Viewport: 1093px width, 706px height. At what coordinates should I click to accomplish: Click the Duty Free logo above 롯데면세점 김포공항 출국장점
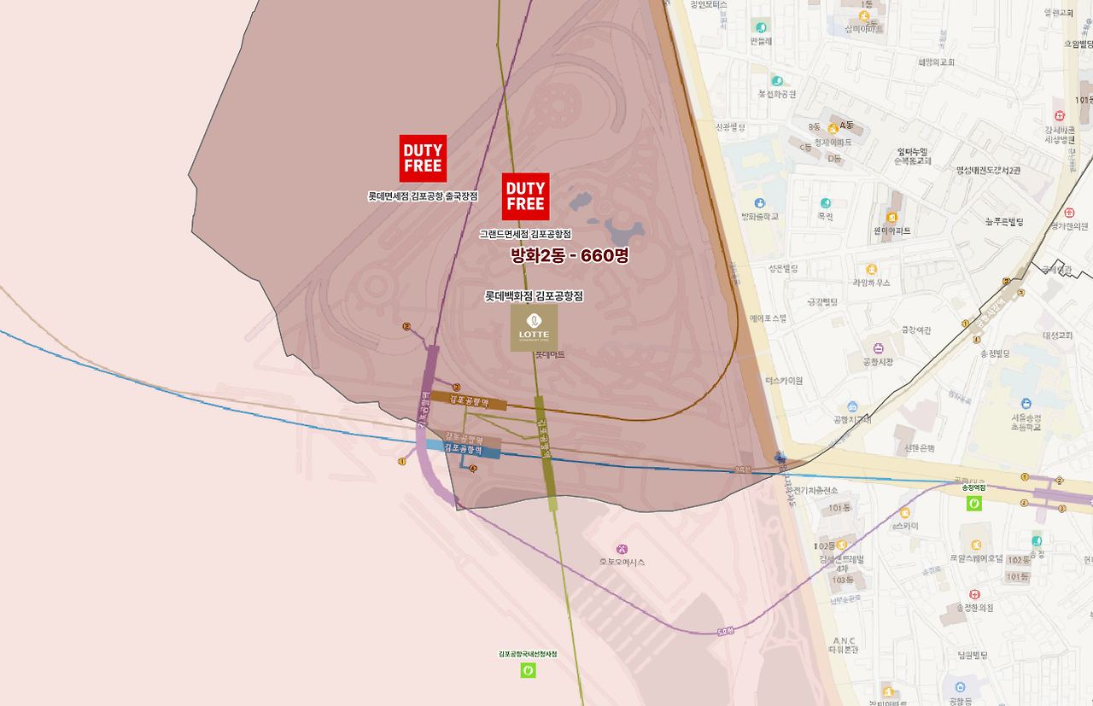pos(423,158)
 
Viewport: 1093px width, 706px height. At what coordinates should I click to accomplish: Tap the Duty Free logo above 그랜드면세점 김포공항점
pos(525,196)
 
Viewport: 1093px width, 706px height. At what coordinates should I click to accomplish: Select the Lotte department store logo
pos(534,329)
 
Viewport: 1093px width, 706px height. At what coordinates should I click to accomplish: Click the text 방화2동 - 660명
pos(569,255)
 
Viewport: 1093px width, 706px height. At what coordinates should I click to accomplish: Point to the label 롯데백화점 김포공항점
pos(534,296)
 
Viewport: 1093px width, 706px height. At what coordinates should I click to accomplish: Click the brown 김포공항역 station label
pos(468,399)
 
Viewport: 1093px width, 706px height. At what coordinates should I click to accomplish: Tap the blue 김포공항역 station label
pos(463,448)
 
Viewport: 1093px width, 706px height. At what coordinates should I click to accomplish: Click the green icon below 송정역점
pos(973,503)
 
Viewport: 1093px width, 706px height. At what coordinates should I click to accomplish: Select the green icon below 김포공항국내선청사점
pos(528,670)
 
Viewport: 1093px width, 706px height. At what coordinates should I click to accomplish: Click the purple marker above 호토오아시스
pos(622,548)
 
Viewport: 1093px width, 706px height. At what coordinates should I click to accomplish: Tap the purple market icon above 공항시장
pos(878,348)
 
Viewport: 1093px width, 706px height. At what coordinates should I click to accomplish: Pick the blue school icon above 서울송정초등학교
pos(1026,403)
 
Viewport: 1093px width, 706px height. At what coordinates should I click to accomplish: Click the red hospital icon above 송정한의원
pos(974,594)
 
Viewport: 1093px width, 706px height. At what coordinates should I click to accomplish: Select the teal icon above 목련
pos(825,203)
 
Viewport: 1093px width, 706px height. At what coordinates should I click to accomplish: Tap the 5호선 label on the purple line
pos(726,632)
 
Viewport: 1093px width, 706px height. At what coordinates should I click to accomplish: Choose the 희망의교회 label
pos(936,62)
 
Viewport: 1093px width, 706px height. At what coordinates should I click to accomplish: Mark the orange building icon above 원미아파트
pos(892,217)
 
